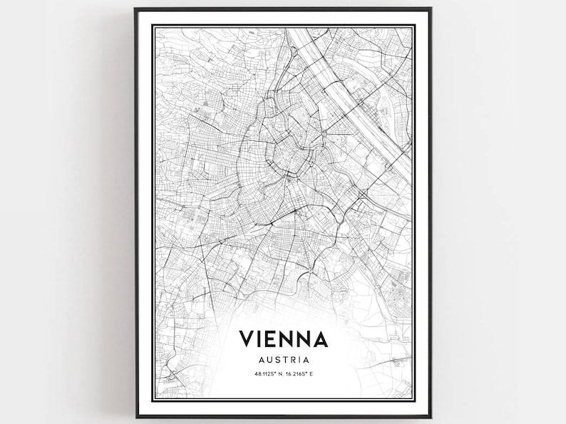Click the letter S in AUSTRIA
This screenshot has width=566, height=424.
(280, 360)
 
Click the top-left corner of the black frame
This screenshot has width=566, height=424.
(135, 9)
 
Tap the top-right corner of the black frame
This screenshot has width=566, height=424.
(431, 9)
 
